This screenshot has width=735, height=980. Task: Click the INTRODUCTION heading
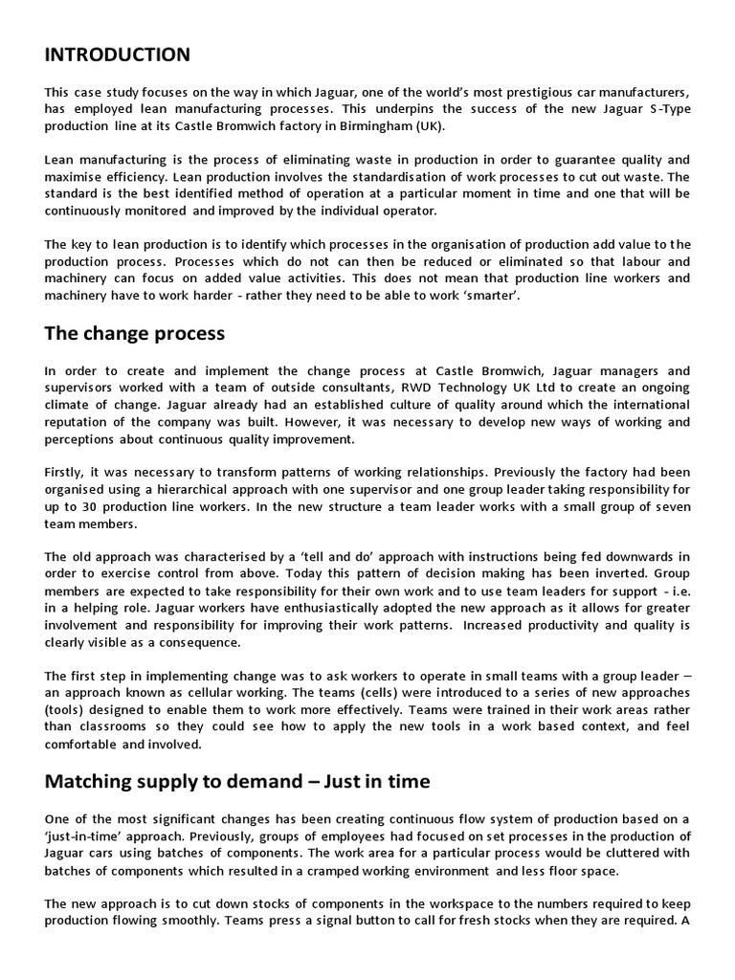[x=117, y=55]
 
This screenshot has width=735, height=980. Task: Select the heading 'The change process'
[x=135, y=334]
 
